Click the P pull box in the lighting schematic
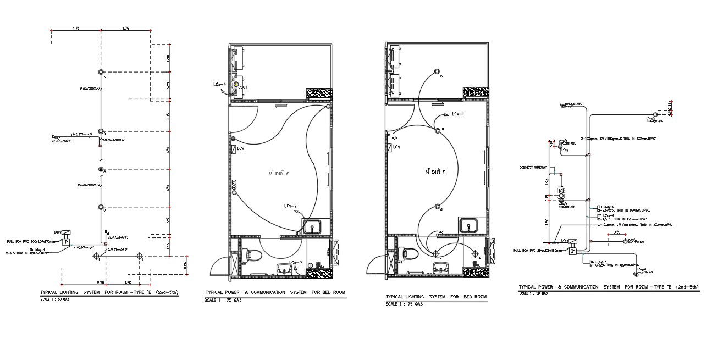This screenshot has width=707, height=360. (x=66, y=241)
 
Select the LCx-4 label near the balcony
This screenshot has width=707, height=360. (x=220, y=84)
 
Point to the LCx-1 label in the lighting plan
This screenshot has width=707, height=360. (x=458, y=114)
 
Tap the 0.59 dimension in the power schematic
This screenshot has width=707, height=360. (x=616, y=233)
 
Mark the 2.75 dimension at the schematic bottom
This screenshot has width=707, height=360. (x=101, y=283)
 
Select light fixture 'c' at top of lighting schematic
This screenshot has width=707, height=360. (x=101, y=72)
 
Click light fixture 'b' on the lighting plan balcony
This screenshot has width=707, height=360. (x=437, y=72)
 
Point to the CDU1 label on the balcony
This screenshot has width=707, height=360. (x=242, y=87)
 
